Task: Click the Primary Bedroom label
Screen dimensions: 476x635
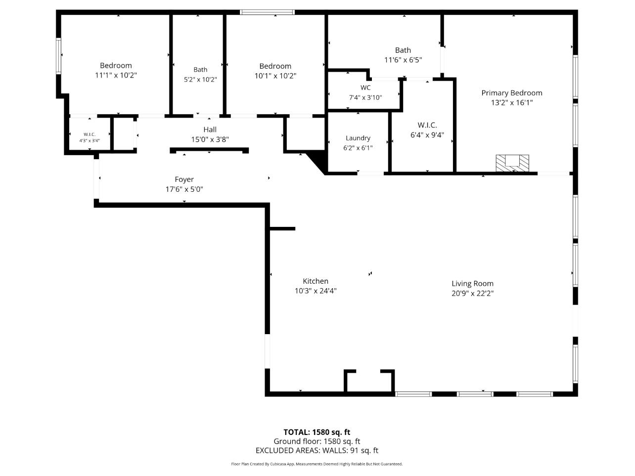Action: [511, 93]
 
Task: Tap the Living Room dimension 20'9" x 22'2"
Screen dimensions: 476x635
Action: [472, 293]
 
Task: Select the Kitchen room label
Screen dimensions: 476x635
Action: [316, 281]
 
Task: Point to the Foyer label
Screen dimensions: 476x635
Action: [184, 179]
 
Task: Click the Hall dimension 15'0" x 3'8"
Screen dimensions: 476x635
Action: [210, 140]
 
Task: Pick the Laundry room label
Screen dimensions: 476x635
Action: [358, 138]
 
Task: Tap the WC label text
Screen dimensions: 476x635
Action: [365, 88]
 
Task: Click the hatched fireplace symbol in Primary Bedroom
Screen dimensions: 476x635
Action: [512, 163]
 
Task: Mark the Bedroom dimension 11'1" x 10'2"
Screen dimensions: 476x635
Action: [116, 76]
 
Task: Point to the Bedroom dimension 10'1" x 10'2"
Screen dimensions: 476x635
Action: [275, 76]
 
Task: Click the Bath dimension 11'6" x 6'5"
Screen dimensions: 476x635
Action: [403, 60]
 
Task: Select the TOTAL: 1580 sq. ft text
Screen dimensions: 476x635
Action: [317, 432]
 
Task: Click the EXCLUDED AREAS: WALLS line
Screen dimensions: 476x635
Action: [317, 450]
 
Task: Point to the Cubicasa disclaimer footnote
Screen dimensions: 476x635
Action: [317, 464]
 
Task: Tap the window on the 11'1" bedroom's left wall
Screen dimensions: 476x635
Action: [59, 56]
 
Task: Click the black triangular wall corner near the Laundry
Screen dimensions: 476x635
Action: [317, 163]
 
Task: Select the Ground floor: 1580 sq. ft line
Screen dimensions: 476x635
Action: [317, 441]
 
